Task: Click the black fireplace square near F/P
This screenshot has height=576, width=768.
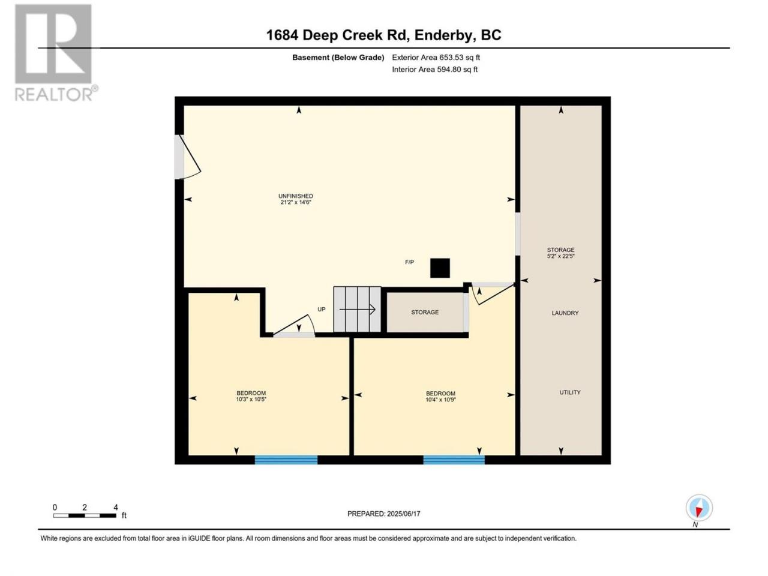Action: pos(440,268)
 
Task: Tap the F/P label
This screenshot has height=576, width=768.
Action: pos(409,262)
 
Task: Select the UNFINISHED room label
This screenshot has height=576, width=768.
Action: pos(296,196)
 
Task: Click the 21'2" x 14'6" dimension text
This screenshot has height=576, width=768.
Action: pos(296,202)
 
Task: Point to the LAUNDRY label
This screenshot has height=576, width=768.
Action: pos(565,313)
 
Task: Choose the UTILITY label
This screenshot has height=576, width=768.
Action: pos(570,392)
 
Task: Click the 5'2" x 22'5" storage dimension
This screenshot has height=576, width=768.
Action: pos(561,256)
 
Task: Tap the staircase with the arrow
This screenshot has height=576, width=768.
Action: pos(357,309)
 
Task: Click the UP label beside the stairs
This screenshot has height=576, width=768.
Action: pos(321,309)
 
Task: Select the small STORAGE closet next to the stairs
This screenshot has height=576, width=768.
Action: pos(425,312)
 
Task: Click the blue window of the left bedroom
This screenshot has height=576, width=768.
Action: pos(286,460)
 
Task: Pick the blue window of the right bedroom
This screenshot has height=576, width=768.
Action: pos(454,460)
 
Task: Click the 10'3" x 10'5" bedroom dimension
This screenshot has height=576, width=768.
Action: pos(251,399)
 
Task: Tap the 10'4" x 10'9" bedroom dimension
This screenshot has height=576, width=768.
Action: pos(440,400)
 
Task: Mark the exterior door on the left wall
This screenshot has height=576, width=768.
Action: pos(187,157)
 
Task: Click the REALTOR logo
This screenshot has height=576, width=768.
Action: pos(56,53)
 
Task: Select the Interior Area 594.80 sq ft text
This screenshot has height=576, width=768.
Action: pos(434,69)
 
